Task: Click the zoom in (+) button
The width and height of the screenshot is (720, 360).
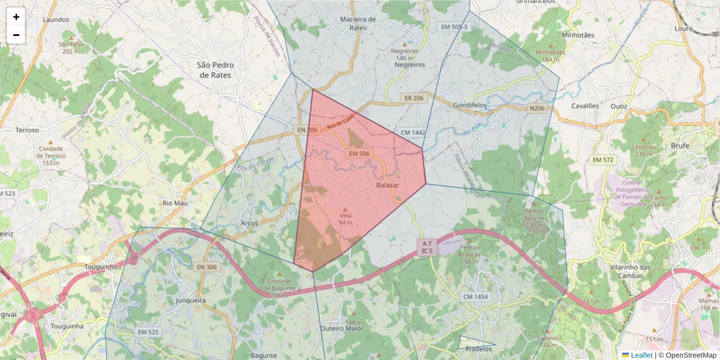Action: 16,17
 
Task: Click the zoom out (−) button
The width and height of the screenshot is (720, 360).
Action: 16,35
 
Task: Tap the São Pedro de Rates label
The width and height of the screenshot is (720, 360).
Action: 215,70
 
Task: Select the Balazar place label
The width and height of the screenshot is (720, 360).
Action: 388,186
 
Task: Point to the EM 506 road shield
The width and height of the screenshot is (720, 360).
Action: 359,154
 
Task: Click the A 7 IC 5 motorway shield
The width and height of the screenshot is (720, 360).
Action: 427,247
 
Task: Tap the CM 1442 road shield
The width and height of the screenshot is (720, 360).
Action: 413,132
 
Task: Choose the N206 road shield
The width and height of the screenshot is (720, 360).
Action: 537,109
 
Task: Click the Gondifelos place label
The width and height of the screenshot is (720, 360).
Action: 469,104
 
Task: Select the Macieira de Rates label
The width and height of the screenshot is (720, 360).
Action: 358,23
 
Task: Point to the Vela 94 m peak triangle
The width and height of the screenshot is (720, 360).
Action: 345,209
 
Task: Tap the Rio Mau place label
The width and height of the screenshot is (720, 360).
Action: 175,203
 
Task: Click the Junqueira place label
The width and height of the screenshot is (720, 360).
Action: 191,300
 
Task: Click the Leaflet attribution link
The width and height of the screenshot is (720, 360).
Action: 641,355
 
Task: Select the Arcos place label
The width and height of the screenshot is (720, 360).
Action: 249,223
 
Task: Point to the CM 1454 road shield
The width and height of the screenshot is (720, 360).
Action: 476,297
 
